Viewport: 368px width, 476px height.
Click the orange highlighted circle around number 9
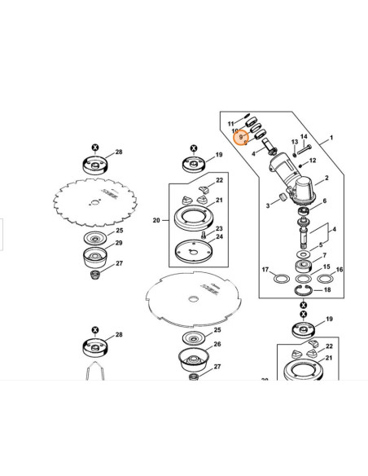click(x=239, y=138)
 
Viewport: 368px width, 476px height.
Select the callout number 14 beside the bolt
click(x=304, y=137)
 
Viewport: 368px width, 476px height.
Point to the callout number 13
click(x=294, y=142)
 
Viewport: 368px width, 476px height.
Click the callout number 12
click(x=312, y=160)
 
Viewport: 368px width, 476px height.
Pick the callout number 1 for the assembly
click(x=331, y=140)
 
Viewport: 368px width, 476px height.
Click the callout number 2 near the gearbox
click(x=326, y=178)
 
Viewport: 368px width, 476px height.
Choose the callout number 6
click(x=325, y=201)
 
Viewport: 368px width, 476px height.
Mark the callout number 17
click(x=265, y=269)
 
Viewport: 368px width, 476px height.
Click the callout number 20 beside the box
click(x=156, y=219)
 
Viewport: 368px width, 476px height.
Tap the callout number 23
click(x=218, y=229)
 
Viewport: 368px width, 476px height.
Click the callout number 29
click(x=119, y=244)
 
